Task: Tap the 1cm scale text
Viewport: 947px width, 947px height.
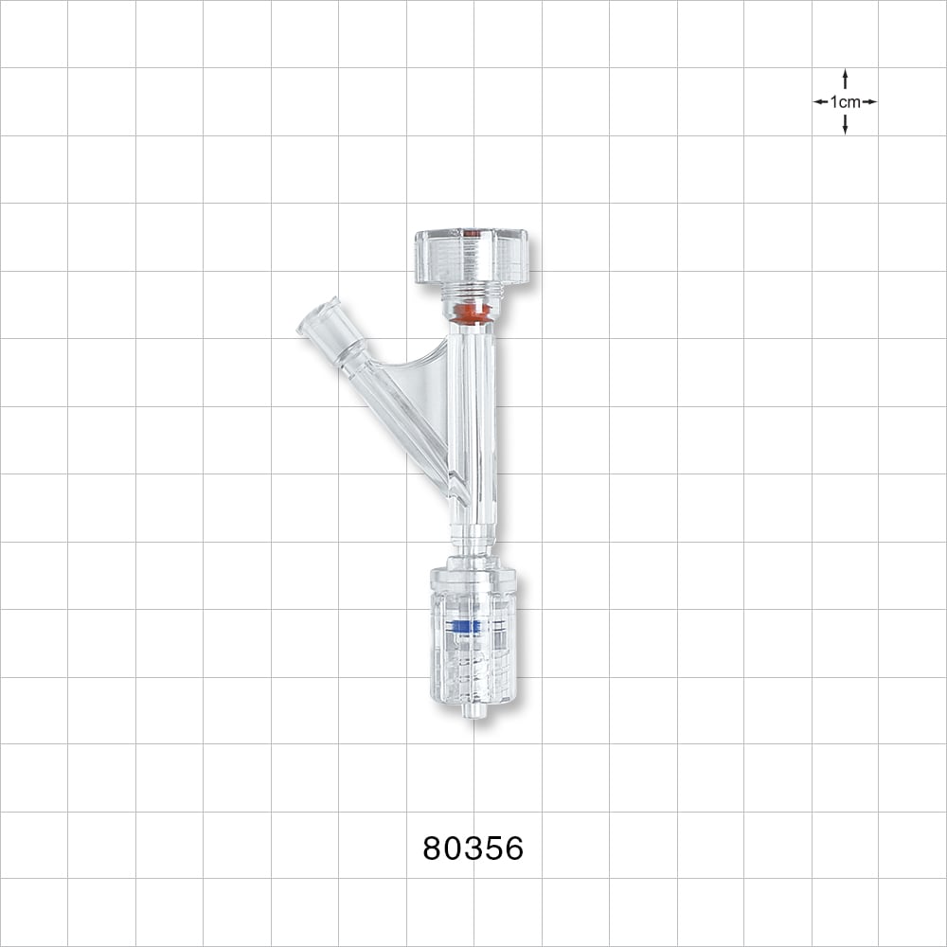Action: pyautogui.click(x=845, y=101)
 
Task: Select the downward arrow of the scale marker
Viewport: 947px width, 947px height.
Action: pyautogui.click(x=845, y=127)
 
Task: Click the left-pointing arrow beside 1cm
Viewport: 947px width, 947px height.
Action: pyautogui.click(x=820, y=101)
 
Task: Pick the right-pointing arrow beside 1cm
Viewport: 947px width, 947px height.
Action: pyautogui.click(x=869, y=101)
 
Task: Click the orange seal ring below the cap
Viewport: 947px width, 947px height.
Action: pyautogui.click(x=471, y=313)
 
